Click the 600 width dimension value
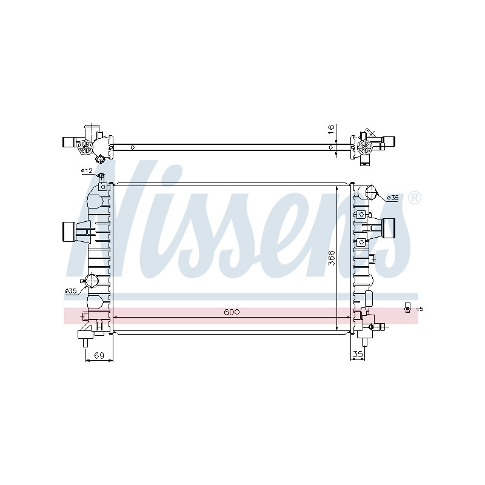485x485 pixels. click(x=232, y=312)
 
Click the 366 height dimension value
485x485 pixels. click(x=331, y=258)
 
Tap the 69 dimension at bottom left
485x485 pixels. click(x=99, y=356)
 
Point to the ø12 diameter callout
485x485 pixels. click(x=87, y=170)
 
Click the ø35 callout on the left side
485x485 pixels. click(x=71, y=291)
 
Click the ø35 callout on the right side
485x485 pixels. click(x=393, y=198)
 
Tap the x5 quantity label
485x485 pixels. click(x=420, y=309)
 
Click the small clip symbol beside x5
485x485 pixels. click(x=407, y=308)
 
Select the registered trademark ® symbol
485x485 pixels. click(x=414, y=198)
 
